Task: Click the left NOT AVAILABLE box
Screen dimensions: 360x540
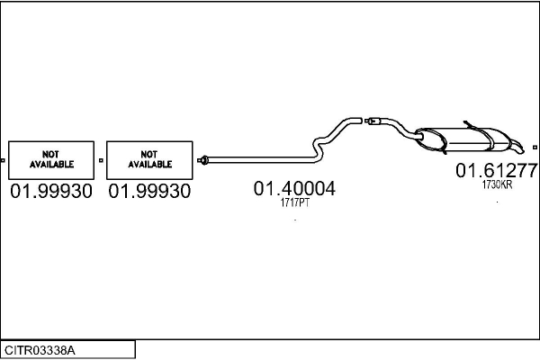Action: pos(50,160)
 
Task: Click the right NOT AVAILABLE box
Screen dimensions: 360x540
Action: pos(149,160)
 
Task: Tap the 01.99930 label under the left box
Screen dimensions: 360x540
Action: pos(50,192)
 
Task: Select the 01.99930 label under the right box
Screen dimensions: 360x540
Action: pos(149,192)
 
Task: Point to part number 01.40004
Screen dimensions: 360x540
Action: pos(294,189)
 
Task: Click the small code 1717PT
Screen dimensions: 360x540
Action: pos(294,202)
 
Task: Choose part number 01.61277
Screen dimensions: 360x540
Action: pos(496,170)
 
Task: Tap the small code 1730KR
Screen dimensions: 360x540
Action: pos(497,184)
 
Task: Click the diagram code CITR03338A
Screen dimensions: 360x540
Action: pos(40,349)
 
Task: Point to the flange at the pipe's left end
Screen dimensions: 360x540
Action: pos(204,160)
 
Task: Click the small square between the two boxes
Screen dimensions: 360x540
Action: pos(101,160)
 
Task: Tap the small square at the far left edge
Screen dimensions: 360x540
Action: pos(3,160)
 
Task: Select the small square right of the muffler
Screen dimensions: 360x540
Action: pos(535,147)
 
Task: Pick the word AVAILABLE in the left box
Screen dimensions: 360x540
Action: pos(50,166)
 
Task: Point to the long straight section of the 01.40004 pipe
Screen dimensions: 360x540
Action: pos(261,159)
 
